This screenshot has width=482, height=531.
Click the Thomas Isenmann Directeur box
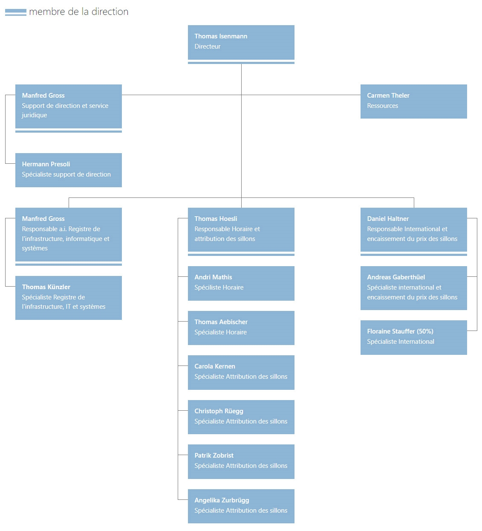(241, 42)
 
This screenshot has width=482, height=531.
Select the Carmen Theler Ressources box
(413, 102)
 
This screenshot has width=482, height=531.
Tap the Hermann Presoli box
(69, 170)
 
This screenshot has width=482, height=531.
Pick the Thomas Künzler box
(69, 298)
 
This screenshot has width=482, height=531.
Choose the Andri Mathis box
(241, 283)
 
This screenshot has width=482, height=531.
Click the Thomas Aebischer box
(241, 328)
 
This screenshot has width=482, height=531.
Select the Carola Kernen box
(241, 372)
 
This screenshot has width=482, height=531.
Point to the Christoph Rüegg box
(241, 417)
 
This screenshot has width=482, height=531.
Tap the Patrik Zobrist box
(241, 461)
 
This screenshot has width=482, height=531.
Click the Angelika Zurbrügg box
(241, 506)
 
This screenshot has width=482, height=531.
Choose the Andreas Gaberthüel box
(413, 288)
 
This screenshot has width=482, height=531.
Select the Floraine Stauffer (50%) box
(413, 337)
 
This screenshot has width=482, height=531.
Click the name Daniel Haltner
(388, 219)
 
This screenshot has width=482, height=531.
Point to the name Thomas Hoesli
(216, 219)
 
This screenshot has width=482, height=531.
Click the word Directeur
(208, 46)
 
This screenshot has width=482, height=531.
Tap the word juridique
(35, 115)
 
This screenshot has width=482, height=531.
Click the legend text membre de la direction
(78, 12)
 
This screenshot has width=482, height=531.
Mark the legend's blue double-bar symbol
(16, 12)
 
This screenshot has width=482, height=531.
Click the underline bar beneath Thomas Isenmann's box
(241, 63)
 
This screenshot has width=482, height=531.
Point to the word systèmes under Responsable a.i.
(35, 248)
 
